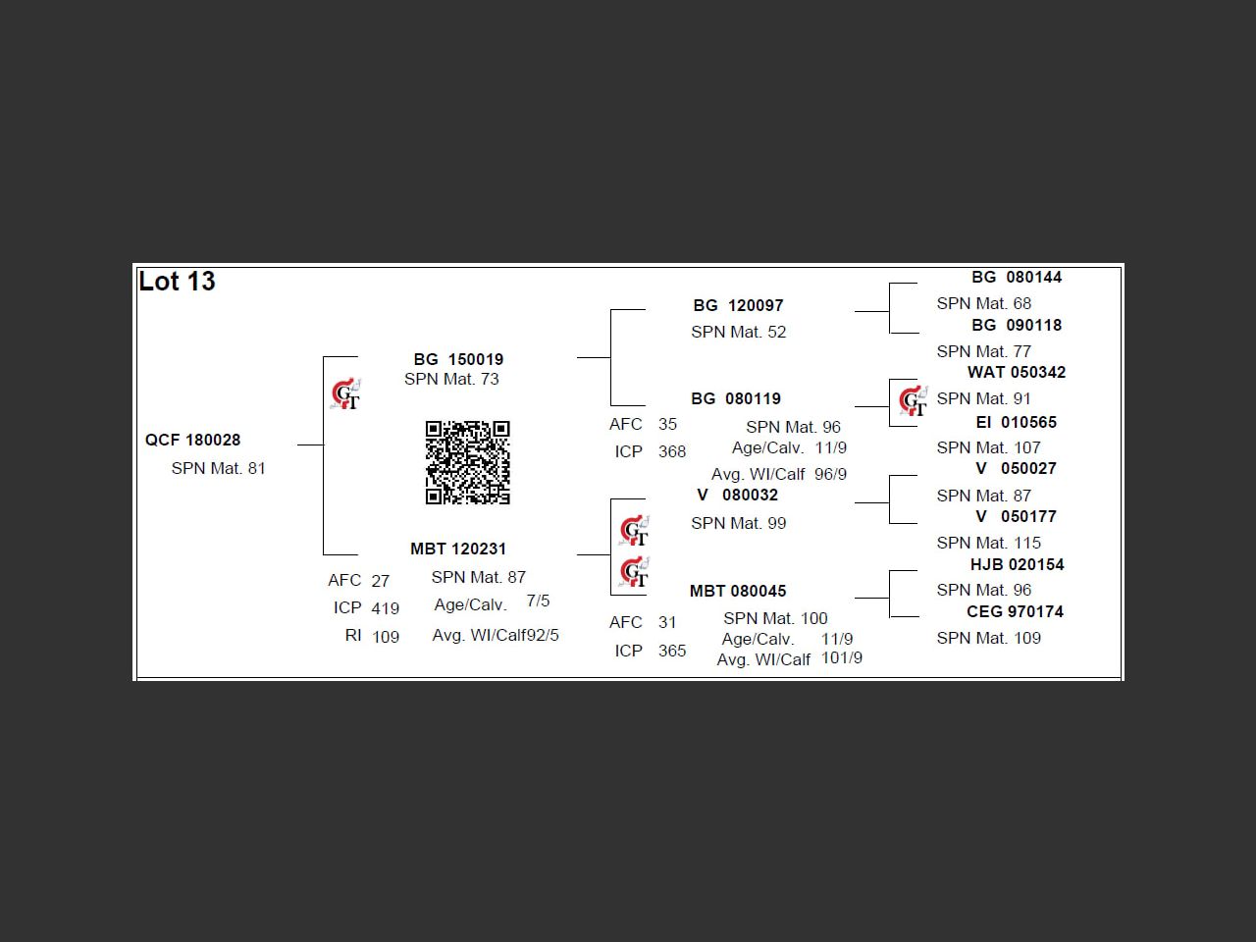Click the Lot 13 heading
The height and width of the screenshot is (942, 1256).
[177, 282]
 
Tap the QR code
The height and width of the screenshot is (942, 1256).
[467, 463]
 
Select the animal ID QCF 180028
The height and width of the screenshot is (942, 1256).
[192, 441]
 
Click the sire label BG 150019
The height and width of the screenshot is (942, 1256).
[458, 360]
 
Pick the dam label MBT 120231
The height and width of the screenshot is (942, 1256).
[458, 549]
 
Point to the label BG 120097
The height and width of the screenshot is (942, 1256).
[738, 306]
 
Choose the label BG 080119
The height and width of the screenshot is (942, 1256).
[736, 399]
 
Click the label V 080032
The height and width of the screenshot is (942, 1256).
[737, 496]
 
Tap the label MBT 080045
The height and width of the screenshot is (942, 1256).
[738, 592]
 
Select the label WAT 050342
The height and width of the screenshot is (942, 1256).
[1016, 373]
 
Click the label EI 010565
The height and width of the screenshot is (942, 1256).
[1016, 423]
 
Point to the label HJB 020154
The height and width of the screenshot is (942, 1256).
[1017, 565]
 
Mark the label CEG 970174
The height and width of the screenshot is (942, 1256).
[1015, 612]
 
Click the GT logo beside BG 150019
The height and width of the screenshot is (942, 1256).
[345, 394]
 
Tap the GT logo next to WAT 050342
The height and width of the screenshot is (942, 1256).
[914, 401]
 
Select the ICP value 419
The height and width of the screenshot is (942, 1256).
[385, 608]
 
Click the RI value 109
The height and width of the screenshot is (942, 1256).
[386, 637]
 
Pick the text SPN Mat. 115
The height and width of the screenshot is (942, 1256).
[988, 544]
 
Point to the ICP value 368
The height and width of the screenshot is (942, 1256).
[672, 452]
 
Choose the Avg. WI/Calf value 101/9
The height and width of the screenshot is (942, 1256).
[842, 658]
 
